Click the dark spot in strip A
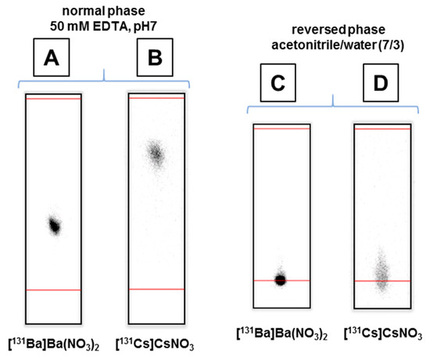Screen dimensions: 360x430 pos(54,225)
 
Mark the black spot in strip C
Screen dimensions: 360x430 pos(281,279)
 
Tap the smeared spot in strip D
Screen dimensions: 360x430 pos(380,270)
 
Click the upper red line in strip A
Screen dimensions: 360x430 pos(53,99)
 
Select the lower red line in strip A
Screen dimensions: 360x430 pos(53,290)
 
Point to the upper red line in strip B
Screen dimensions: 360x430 pos(156,99)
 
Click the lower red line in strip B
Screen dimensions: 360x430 pos(156,289)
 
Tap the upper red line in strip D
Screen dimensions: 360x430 pos(382,128)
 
